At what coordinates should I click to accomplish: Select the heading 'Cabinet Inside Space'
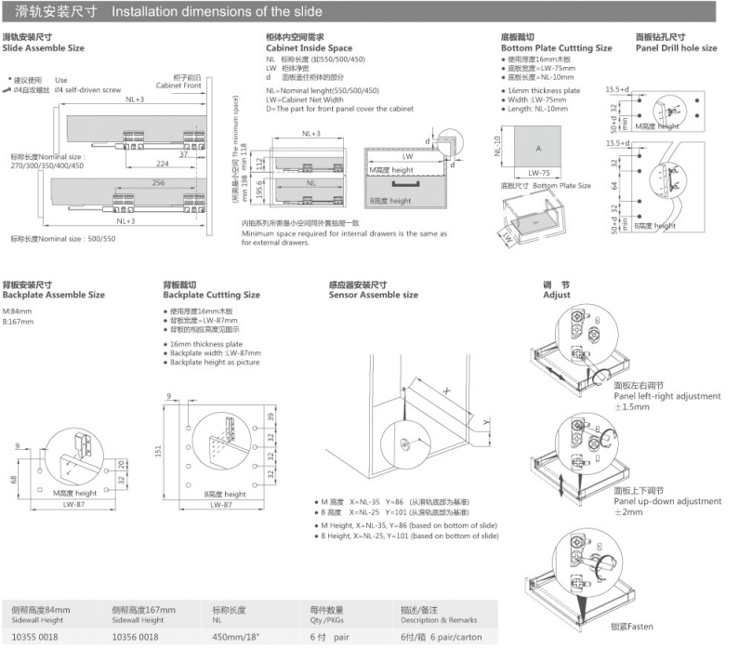309,47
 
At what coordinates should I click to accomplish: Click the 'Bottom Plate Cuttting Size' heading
556,47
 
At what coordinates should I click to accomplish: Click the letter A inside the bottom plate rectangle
538,149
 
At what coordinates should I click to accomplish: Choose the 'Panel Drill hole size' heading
676,47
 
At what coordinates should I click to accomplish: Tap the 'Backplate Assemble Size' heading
53,295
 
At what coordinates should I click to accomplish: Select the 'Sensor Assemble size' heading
373,295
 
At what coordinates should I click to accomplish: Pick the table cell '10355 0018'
34,636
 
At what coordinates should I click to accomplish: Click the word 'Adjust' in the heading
557,295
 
